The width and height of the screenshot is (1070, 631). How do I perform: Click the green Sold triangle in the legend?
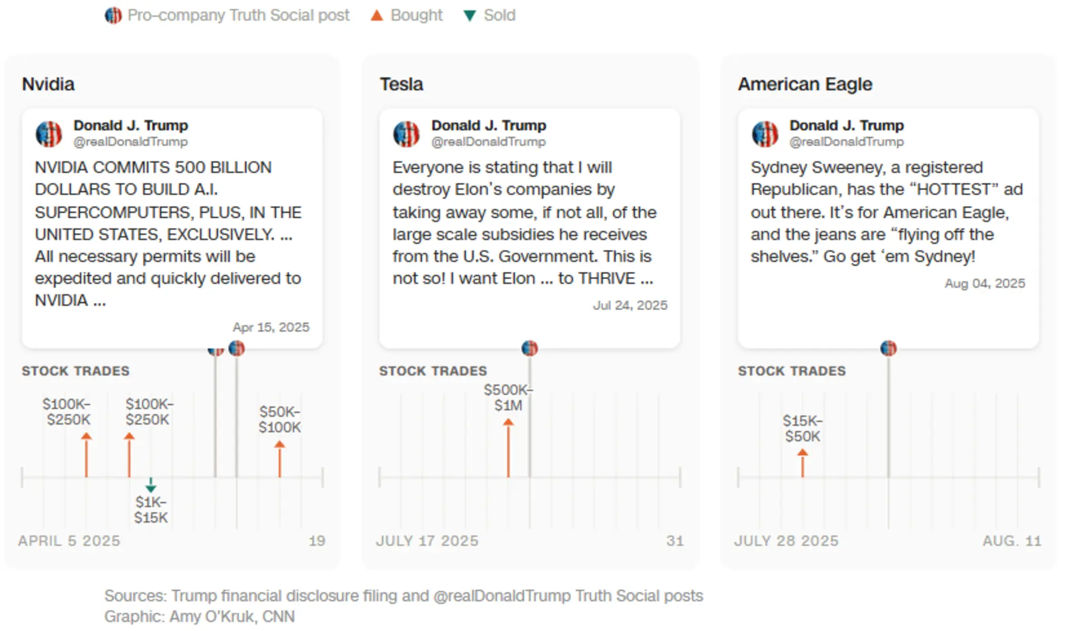(x=470, y=16)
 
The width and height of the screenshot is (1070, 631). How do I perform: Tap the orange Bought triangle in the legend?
(x=377, y=16)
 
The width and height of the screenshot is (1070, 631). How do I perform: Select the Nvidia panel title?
(x=48, y=84)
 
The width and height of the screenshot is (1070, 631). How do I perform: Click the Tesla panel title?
(x=401, y=84)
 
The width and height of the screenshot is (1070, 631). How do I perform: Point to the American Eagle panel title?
(x=805, y=84)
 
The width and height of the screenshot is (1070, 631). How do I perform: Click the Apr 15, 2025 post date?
(x=271, y=327)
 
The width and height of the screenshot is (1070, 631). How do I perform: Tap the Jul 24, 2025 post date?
(x=630, y=305)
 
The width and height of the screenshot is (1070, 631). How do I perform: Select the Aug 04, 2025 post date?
(x=985, y=283)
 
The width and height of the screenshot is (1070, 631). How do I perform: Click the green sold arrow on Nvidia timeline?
(x=150, y=485)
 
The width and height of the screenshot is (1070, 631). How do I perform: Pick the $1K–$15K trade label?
(x=151, y=510)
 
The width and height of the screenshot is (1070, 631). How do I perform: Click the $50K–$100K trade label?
(x=280, y=419)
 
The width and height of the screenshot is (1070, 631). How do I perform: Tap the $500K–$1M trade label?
(x=508, y=397)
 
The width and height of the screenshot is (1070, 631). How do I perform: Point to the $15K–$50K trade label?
(x=802, y=428)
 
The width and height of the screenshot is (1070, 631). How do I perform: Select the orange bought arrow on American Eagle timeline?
(x=802, y=463)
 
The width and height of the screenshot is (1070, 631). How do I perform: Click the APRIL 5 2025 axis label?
(x=69, y=541)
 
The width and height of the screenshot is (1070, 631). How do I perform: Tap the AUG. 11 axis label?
(x=1011, y=541)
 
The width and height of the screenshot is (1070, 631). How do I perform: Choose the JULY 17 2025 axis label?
(x=427, y=541)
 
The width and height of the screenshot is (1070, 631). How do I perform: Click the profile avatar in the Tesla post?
(x=406, y=134)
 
